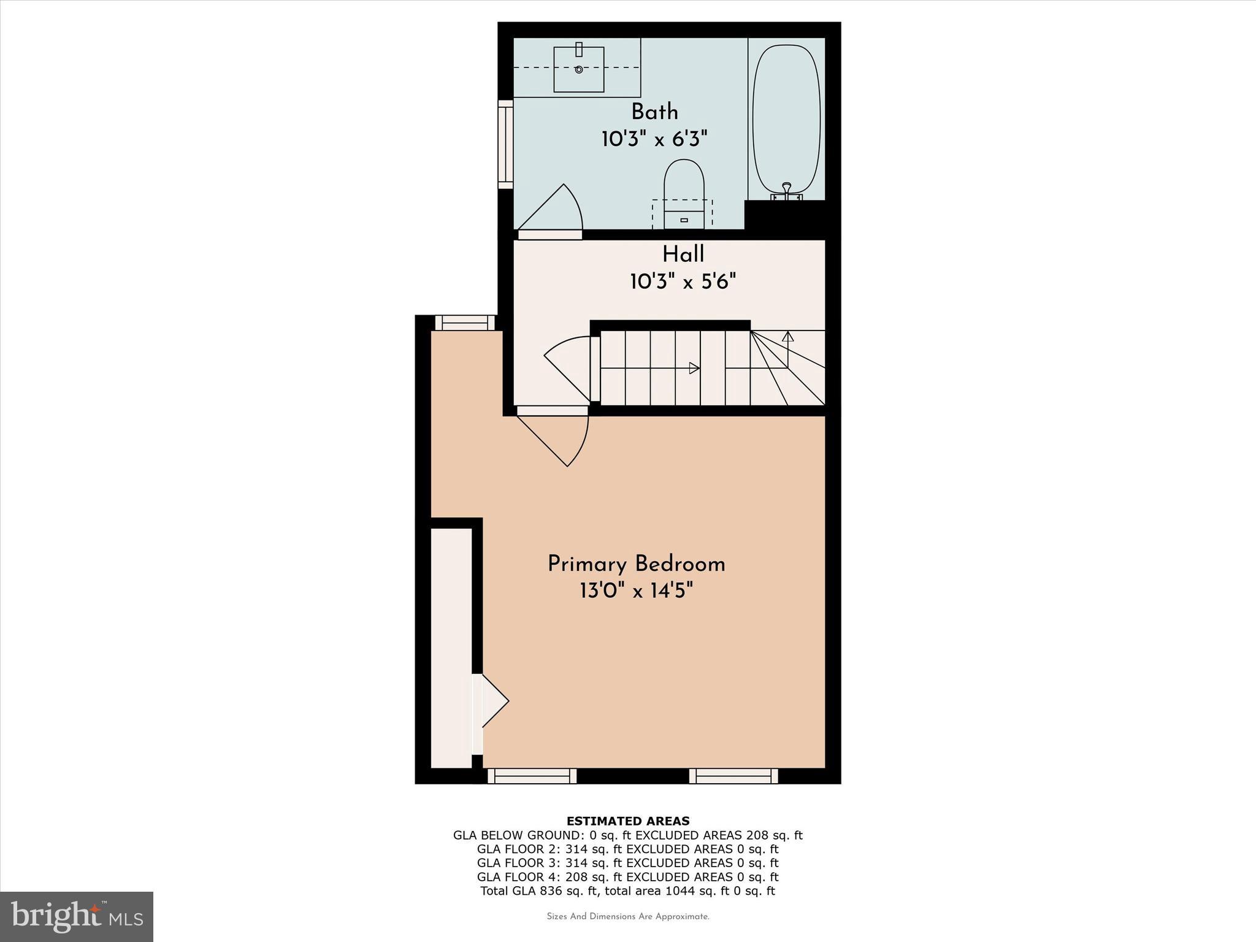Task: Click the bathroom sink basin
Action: click(x=579, y=69)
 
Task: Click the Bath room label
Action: click(x=654, y=112)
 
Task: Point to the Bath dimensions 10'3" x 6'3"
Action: click(x=654, y=140)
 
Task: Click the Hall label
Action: click(x=683, y=255)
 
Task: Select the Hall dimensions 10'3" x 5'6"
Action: click(x=683, y=282)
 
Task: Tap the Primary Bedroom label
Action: click(x=636, y=564)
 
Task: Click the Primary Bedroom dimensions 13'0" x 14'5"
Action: click(x=636, y=592)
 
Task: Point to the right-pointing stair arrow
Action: click(x=694, y=368)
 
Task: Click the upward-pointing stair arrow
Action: click(x=788, y=336)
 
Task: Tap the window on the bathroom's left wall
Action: click(x=505, y=145)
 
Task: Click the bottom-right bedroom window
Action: click(x=733, y=776)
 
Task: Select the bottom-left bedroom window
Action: click(x=532, y=776)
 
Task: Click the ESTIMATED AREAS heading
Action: click(x=627, y=821)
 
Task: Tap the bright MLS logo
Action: click(x=77, y=916)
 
